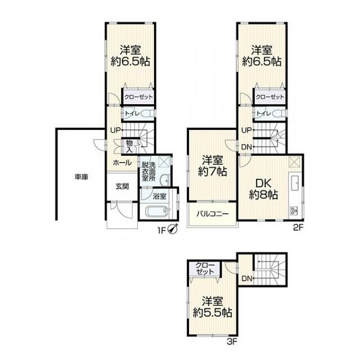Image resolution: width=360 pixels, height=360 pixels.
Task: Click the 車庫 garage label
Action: (x=82, y=177)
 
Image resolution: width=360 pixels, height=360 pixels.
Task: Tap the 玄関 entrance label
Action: (x=122, y=186)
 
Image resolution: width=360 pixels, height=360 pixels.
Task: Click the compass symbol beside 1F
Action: (x=173, y=229)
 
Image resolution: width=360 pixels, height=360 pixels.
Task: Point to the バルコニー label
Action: (x=213, y=214)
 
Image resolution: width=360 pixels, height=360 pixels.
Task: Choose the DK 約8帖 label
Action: (x=263, y=189)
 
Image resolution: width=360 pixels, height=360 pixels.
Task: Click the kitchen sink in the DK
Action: (x=295, y=183)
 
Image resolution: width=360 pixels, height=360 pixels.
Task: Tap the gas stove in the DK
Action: (x=294, y=211)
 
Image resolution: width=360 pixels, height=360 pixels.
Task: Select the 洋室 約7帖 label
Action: (x=213, y=166)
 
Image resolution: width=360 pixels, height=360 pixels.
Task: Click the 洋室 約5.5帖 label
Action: (x=212, y=307)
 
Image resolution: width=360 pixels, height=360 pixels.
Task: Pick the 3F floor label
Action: (x=232, y=342)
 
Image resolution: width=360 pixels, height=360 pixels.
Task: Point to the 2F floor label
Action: (x=298, y=227)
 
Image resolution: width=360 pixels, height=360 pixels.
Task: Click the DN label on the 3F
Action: (x=247, y=279)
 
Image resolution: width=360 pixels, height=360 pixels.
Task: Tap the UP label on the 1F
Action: (x=115, y=130)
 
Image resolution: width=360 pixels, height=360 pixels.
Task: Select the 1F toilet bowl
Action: (x=148, y=114)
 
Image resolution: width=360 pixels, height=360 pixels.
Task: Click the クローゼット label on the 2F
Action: (x=270, y=97)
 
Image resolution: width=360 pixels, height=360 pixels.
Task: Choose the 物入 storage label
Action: (x=129, y=146)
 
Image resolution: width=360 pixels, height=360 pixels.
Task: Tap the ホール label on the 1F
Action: (x=122, y=163)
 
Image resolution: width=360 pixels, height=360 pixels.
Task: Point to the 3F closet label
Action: (x=205, y=268)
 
